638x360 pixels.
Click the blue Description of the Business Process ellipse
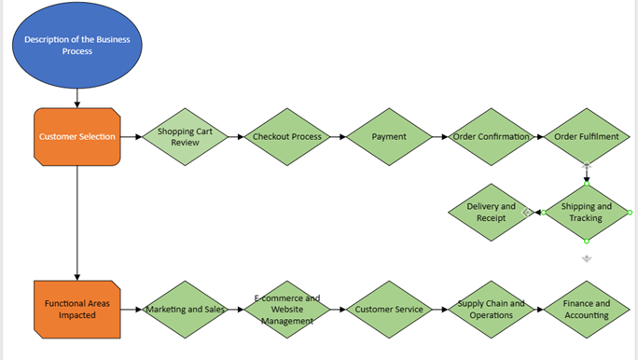(76, 45)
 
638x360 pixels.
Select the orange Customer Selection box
(76, 136)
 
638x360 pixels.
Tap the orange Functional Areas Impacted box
(76, 309)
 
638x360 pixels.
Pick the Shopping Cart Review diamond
(185, 136)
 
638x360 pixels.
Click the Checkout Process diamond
(287, 136)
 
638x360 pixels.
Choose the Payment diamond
(389, 136)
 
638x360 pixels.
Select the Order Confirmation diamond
(491, 136)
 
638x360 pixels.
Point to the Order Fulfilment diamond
(587, 136)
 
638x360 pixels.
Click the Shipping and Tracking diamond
(587, 213)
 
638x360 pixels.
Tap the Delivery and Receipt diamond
(491, 213)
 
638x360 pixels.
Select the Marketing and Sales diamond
(185, 309)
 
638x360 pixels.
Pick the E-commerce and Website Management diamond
(287, 309)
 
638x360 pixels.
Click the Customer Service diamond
(389, 309)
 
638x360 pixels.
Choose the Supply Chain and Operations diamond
(491, 309)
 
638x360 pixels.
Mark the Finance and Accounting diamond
(587, 309)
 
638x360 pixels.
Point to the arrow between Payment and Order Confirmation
(440, 136)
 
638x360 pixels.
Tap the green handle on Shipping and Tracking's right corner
(631, 213)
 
